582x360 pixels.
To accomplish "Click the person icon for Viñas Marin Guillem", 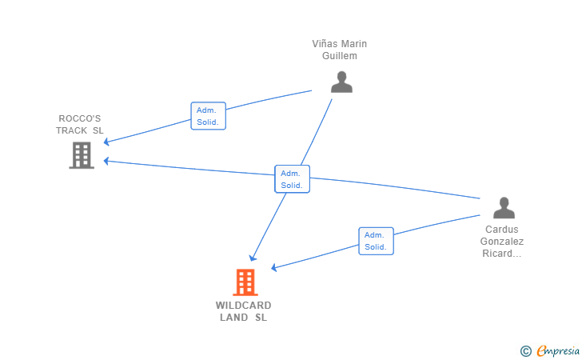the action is tap(341, 82).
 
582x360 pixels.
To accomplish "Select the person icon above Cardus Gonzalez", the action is tap(504, 208).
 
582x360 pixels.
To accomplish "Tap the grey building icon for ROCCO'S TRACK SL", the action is tap(82, 155).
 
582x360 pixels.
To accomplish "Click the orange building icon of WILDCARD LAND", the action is tap(245, 282).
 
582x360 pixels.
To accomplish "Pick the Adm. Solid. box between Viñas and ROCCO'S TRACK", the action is tap(208, 116).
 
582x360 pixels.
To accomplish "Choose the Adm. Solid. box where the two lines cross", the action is tap(292, 179).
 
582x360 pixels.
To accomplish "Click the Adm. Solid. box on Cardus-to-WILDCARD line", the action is tap(376, 241).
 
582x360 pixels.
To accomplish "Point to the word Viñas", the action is tap(325, 44).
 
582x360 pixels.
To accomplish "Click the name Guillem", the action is tap(339, 56).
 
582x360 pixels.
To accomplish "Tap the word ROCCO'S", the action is tap(79, 118).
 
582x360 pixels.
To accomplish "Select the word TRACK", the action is tap(72, 130).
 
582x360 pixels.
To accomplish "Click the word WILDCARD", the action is tap(244, 306).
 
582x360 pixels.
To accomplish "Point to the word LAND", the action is tap(233, 318).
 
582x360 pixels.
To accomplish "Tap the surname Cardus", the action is tap(502, 230).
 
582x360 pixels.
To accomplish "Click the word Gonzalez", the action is tap(502, 241).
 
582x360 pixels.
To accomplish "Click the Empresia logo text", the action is tap(558, 350).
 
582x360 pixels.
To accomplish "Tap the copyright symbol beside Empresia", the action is tap(525, 351).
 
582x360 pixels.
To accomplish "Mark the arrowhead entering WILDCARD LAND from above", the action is tap(253, 258).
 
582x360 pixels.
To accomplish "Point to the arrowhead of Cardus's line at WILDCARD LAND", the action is tap(274, 267).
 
